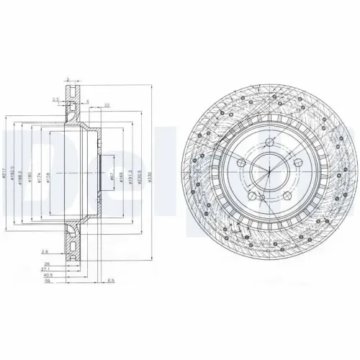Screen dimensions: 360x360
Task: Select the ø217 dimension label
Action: tap(5, 173)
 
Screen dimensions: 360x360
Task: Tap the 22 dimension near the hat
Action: tap(106, 106)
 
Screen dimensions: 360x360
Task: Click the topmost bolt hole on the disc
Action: tap(266, 143)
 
